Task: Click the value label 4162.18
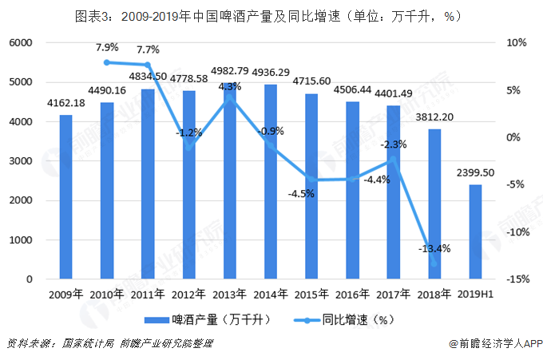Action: (65, 103)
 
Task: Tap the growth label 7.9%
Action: (107, 47)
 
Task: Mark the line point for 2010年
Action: (107, 61)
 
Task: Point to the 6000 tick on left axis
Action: (22, 43)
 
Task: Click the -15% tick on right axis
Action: (515, 279)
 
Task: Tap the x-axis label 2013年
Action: (231, 295)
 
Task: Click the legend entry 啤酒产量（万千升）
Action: (207, 320)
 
